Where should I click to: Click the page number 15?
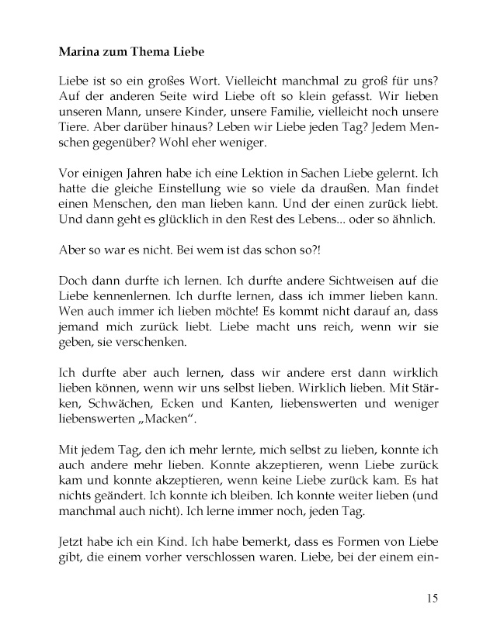[433, 597]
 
